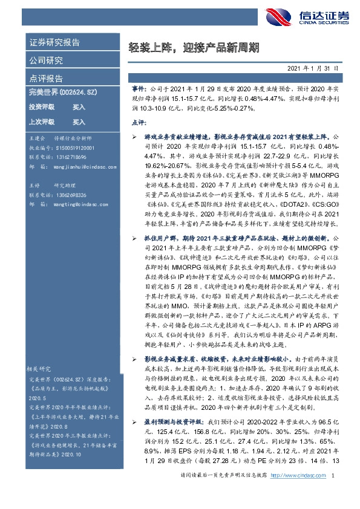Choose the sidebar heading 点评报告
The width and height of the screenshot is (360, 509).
45,79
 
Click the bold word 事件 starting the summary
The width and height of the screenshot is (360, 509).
137,87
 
